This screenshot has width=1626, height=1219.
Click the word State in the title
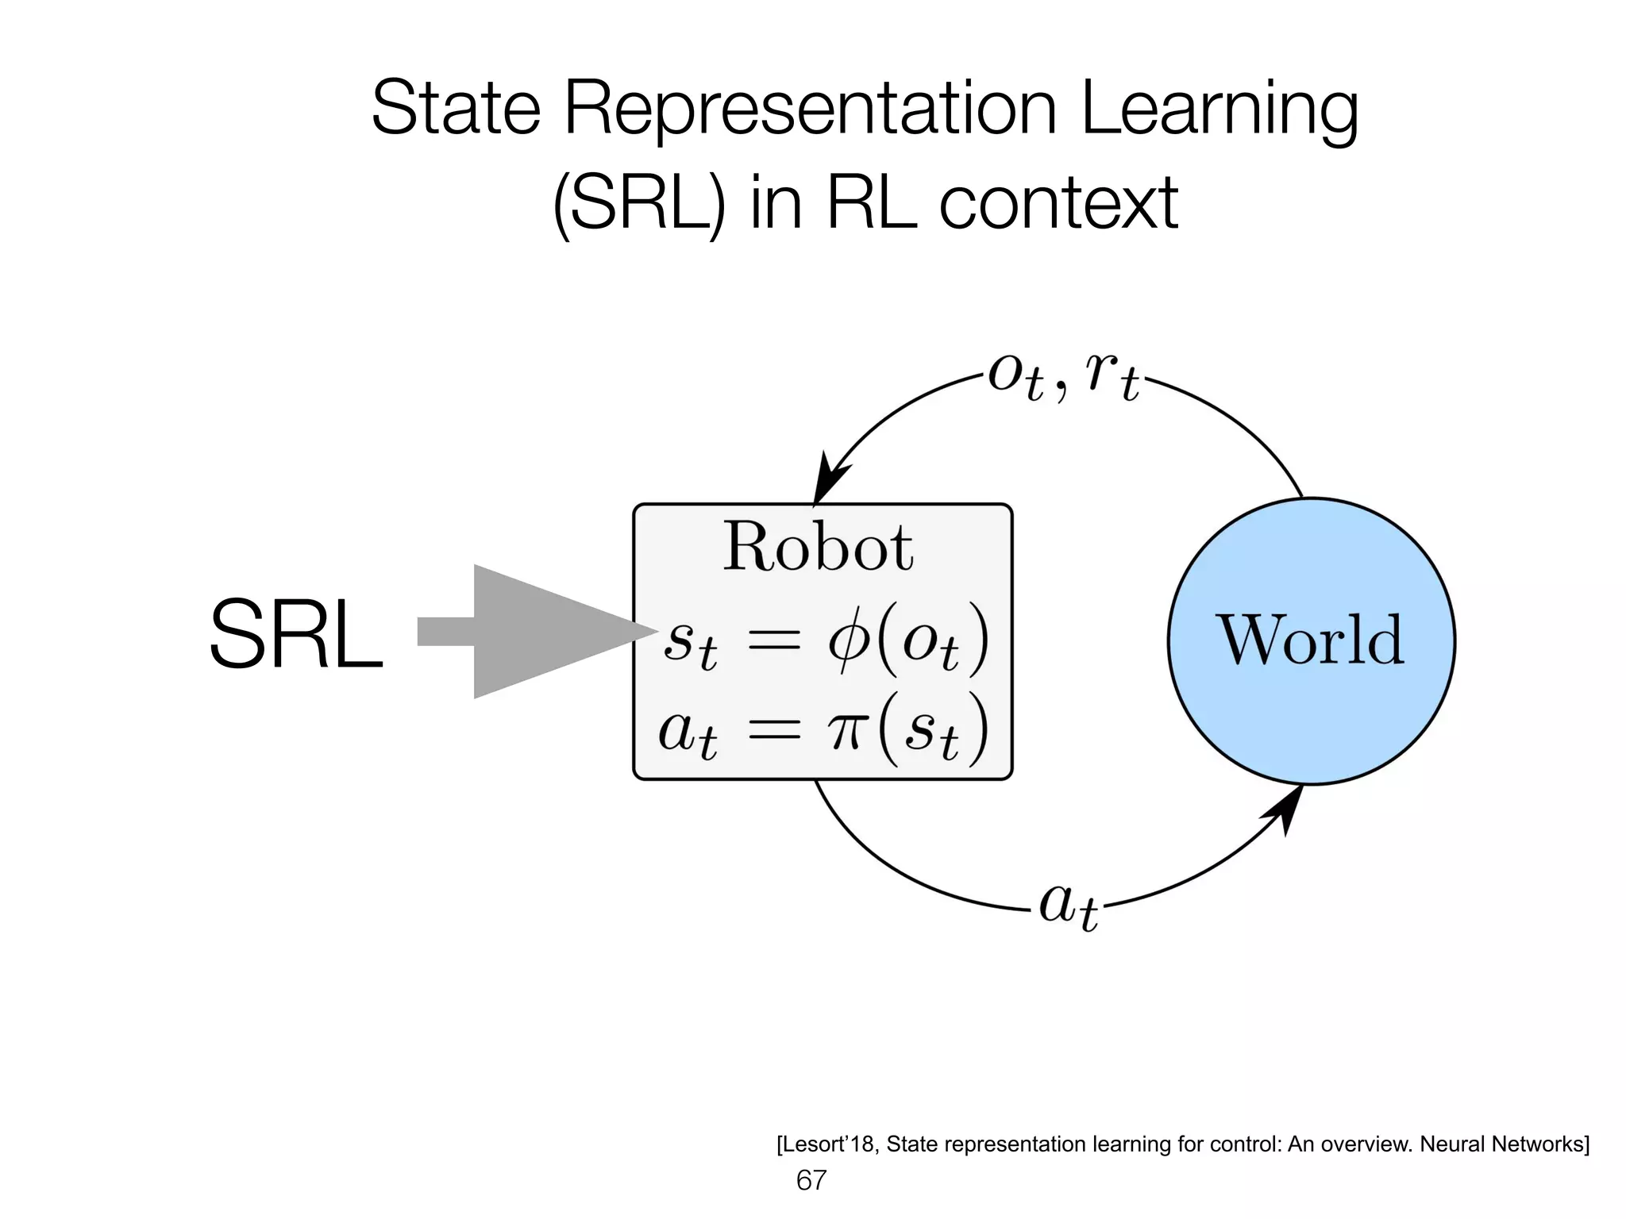[x=456, y=109]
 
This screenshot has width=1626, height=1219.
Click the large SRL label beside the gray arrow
[x=296, y=636]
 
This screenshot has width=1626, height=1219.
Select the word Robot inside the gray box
[x=818, y=547]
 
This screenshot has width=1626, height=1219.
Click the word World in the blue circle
[x=1311, y=640]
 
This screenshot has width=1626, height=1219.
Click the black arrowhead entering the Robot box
[x=830, y=477]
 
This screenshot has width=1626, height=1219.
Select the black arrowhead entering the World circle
[x=1286, y=809]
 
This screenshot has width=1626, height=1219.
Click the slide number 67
[x=811, y=1180]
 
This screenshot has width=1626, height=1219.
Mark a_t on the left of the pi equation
[x=687, y=733]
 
